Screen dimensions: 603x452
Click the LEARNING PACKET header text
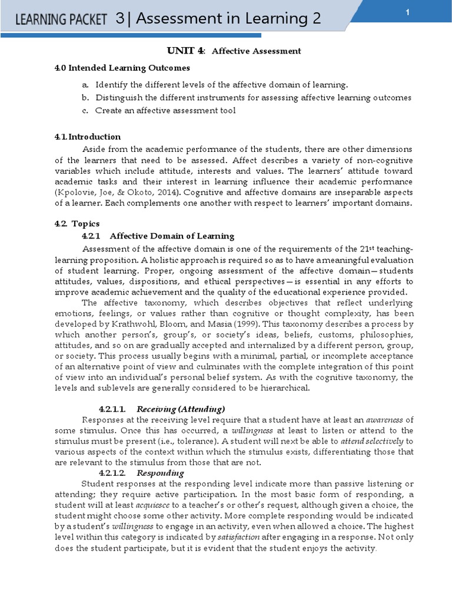tap(61, 20)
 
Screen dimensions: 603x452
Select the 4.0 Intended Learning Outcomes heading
tap(122, 68)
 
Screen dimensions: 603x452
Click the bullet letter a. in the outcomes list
tap(85, 84)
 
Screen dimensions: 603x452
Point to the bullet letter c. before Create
tap(85, 110)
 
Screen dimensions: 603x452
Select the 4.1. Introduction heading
tap(88, 137)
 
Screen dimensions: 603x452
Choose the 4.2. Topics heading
tap(77, 224)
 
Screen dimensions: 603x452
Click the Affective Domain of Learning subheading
tap(172, 236)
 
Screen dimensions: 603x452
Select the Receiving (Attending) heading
tap(181, 409)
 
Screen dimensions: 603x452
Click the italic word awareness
tap(385, 419)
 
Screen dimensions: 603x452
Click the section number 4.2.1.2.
tap(113, 473)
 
